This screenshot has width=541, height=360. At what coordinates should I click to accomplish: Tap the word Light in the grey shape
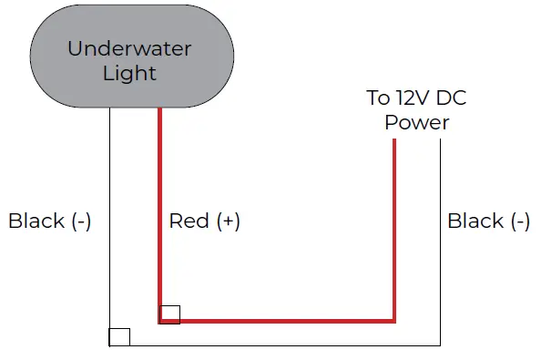tap(129, 73)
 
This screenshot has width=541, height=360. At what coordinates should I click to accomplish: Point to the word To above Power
tap(377, 98)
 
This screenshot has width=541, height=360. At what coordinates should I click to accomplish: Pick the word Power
tap(416, 122)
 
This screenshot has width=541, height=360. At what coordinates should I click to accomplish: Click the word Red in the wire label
tap(188, 221)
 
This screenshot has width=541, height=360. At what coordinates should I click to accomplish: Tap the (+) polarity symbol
tap(228, 221)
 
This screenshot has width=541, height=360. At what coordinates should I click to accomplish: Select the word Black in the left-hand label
tap(36, 221)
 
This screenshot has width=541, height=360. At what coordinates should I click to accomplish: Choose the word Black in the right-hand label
tap(475, 221)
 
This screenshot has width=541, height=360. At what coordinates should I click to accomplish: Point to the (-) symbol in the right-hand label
tap(519, 221)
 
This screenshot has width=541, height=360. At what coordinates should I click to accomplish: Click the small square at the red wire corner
tap(169, 314)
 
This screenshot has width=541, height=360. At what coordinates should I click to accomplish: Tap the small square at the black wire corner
tap(119, 337)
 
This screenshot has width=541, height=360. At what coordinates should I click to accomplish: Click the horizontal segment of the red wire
tap(282, 321)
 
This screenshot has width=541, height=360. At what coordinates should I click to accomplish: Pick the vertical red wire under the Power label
tap(395, 228)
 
